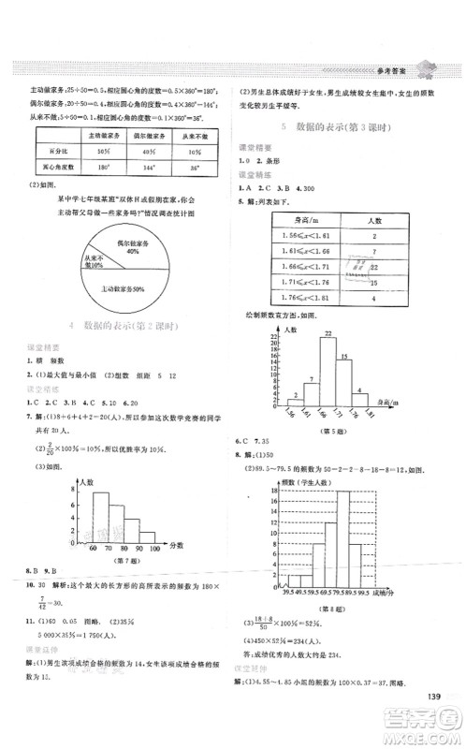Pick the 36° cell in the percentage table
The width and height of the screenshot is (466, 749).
[x=195, y=168]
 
